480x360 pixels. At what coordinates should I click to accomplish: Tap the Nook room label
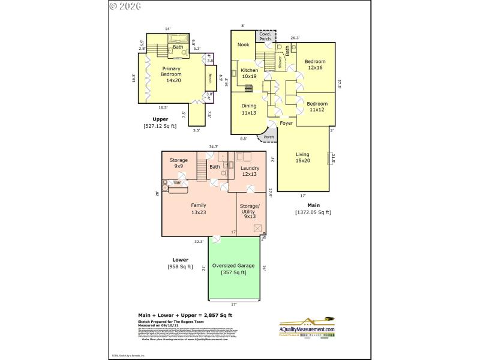tap(243, 44)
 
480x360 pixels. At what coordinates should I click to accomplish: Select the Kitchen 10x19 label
tap(249, 73)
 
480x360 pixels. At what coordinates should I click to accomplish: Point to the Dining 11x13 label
tap(248, 109)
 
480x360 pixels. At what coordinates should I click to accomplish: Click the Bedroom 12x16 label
tap(314, 65)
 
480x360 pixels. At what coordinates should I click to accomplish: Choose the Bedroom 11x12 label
tap(316, 106)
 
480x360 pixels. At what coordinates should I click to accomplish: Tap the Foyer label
tap(286, 123)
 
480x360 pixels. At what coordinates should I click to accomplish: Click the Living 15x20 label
tap(302, 157)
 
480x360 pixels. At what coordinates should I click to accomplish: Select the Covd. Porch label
tap(265, 37)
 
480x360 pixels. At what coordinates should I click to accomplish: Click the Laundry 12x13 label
tap(250, 172)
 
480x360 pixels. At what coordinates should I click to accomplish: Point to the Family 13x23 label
tap(199, 208)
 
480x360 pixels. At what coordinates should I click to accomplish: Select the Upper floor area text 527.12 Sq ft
tap(160, 126)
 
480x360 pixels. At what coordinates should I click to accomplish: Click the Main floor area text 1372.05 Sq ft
tap(313, 212)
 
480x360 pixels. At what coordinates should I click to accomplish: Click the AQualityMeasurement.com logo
tap(307, 328)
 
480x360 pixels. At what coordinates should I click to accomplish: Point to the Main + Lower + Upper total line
tap(185, 315)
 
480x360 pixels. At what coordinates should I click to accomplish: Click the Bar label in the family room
tap(178, 182)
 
